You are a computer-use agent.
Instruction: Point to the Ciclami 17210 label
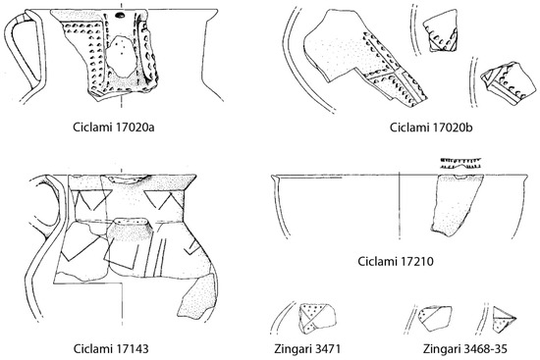pyautogui.click(x=397, y=263)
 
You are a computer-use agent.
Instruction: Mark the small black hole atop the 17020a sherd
pyautogui.click(x=118, y=16)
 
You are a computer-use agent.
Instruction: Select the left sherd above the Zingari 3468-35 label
pyautogui.click(x=432, y=315)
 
